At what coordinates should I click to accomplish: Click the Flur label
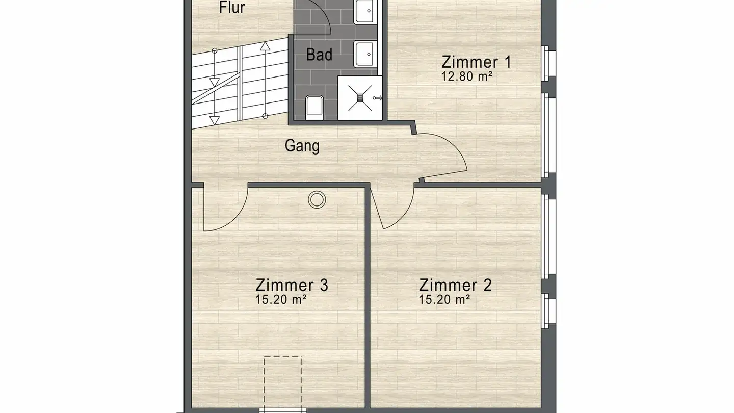coord(232,8)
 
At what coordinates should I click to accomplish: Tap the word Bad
coord(319,55)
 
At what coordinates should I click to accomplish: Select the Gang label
coord(302,146)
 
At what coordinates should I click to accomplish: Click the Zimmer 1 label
coord(476,62)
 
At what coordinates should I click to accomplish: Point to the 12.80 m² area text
coord(467,76)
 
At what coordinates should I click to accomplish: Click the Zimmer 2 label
coord(455,285)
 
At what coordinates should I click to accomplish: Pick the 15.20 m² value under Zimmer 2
coord(444,300)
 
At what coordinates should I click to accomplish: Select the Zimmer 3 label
coord(292,285)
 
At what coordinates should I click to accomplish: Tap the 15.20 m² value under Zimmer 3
coord(280,300)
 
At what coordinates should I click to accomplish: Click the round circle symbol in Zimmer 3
coord(317,199)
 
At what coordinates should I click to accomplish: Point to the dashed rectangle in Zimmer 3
coord(283,382)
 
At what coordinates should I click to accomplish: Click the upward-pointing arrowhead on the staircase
coord(265,46)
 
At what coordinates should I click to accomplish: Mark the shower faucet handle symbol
coord(377,98)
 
